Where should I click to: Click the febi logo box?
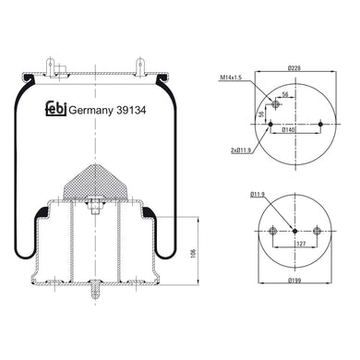click(56, 109)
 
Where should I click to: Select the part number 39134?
click(131, 110)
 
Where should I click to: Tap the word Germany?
click(90, 111)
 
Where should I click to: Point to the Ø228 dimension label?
click(294, 68)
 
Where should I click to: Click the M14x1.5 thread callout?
click(231, 78)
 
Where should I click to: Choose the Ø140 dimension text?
click(289, 130)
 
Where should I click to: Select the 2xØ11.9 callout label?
click(241, 150)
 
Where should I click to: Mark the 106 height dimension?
click(193, 253)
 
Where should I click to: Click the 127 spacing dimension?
click(301, 244)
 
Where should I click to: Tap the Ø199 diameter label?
click(294, 280)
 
